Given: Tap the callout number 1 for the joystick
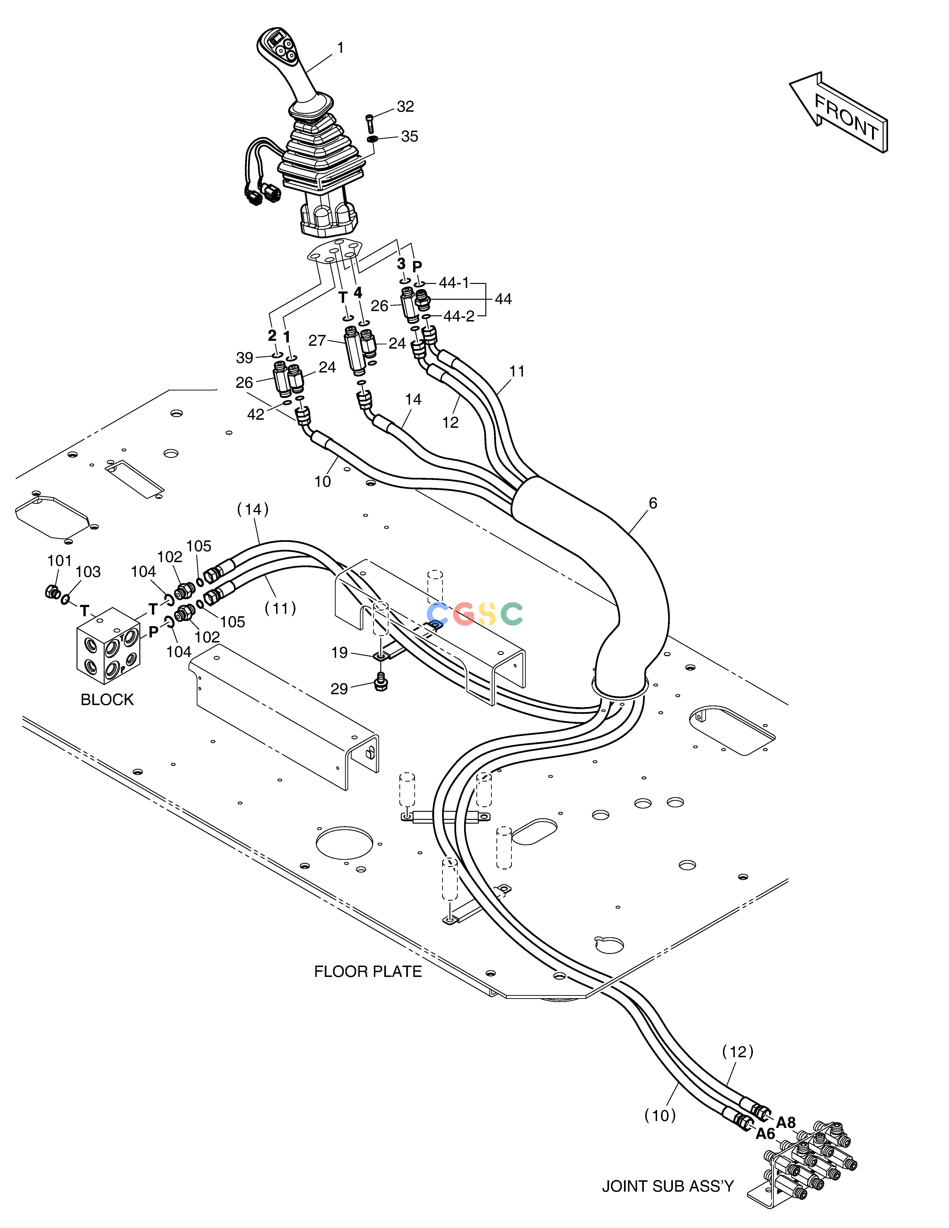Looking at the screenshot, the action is tap(340, 48).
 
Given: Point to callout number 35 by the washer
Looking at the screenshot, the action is tap(409, 137).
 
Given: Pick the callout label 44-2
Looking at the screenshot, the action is tap(459, 317).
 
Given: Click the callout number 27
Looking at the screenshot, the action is tap(318, 341).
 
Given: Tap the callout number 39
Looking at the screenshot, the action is tap(244, 358).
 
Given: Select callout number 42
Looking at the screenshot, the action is tap(256, 414).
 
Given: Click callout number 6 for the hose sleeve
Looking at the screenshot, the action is tap(653, 503).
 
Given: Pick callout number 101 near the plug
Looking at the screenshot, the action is tap(60, 561).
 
